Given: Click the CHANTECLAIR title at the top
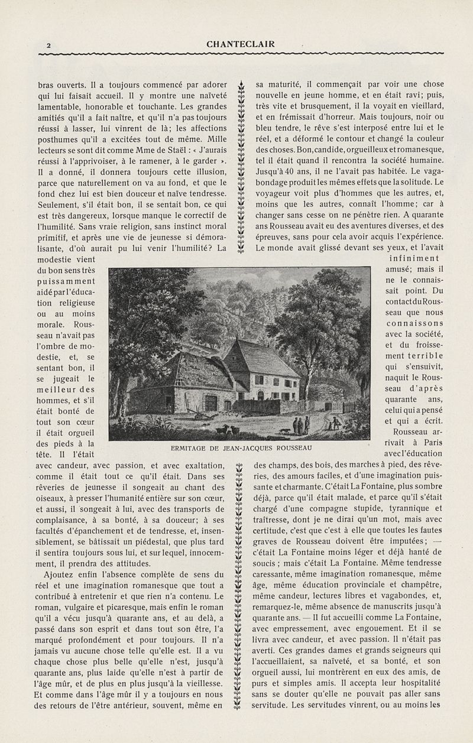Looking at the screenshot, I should point(241,44).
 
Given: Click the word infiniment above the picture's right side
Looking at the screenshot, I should point(414,258).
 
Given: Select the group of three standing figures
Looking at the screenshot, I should point(301,424).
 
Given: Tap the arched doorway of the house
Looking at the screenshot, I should point(261,395).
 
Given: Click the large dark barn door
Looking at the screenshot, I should point(210,403).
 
